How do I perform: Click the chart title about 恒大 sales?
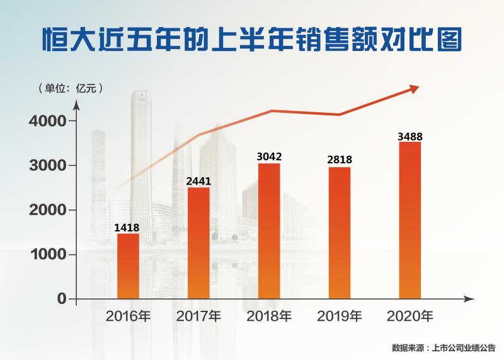pyautogui.click(x=252, y=38)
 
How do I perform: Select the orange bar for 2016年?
pyautogui.click(x=128, y=265)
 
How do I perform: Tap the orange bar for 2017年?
pyautogui.click(x=198, y=243)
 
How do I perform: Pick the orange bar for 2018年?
pyautogui.click(x=269, y=231)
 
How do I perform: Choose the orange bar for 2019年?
pyautogui.click(x=340, y=233)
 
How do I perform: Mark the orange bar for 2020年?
pyautogui.click(x=410, y=220)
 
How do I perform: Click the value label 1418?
pyautogui.click(x=127, y=228)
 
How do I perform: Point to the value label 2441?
pyautogui.click(x=198, y=182)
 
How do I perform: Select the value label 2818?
pyautogui.click(x=340, y=160)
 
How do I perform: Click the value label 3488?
pyautogui.click(x=410, y=136)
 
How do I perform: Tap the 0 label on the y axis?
pyautogui.click(x=62, y=298)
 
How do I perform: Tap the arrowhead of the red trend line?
pyautogui.click(x=413, y=89)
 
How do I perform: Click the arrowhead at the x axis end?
pyautogui.click(x=469, y=298)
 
